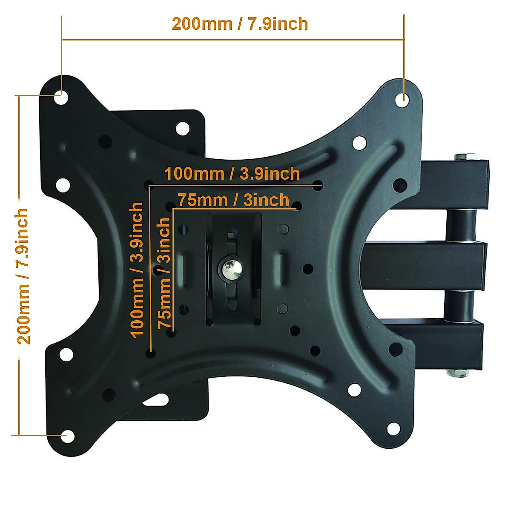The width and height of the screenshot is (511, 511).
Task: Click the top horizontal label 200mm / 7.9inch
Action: (240, 24)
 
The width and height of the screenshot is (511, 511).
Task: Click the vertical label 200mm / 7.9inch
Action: (23, 276)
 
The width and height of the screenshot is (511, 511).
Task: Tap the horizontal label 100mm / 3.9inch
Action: (232, 174)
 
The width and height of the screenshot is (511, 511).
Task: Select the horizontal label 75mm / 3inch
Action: (233, 200)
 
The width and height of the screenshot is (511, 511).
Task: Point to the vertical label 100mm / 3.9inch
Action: (137, 270)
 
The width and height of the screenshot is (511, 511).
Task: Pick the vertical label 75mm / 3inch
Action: (164, 273)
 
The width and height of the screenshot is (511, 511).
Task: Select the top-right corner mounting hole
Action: (402, 100)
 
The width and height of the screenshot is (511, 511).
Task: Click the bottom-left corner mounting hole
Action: (66, 436)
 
